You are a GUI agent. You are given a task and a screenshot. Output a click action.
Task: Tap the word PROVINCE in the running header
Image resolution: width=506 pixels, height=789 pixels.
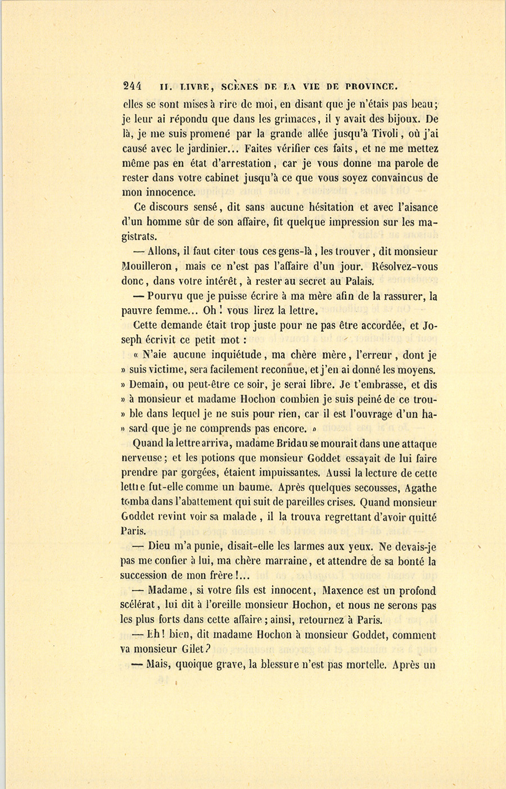[372, 87]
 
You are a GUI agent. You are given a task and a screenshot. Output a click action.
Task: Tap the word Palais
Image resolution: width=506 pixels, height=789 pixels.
[356, 281]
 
